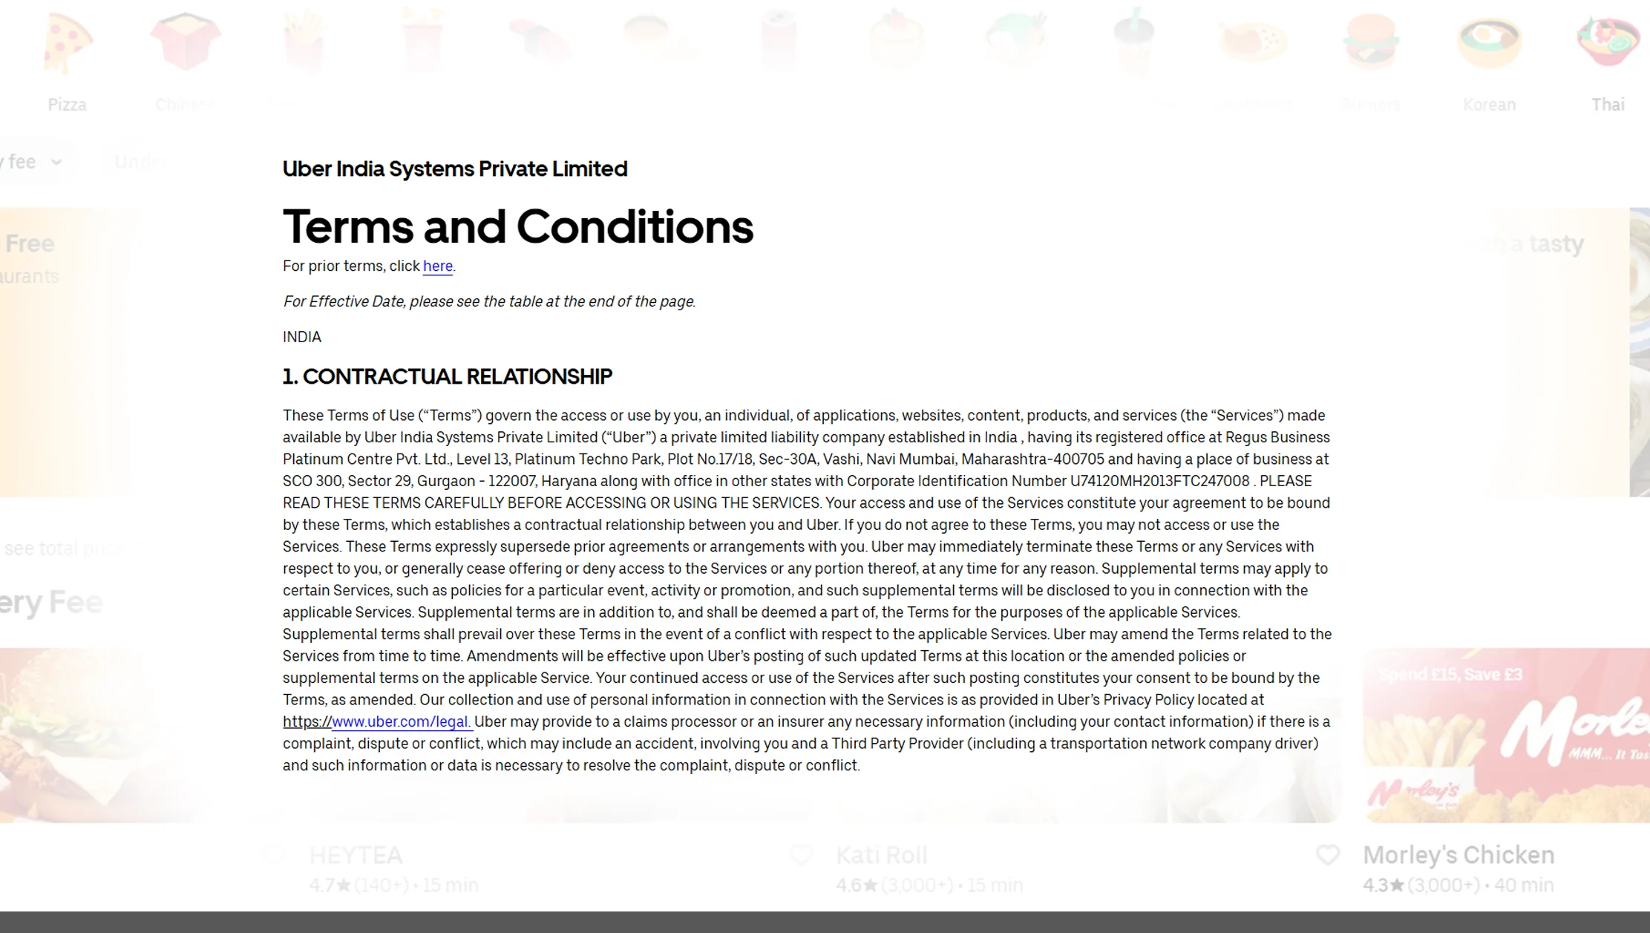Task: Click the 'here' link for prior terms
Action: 437,266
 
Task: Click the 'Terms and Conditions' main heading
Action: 517,227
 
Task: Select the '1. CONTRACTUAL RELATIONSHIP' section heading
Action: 447,377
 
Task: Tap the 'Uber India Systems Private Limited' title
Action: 454,169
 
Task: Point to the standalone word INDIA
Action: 301,337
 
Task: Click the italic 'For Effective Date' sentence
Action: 488,302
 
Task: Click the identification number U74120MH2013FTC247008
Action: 1159,482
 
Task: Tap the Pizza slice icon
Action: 68,43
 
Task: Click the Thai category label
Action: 1608,105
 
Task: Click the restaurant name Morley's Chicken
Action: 1458,855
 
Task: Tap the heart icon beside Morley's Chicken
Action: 1328,855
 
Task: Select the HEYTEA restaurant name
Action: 356,856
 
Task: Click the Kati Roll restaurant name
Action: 881,856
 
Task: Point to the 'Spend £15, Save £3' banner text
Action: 1450,675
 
